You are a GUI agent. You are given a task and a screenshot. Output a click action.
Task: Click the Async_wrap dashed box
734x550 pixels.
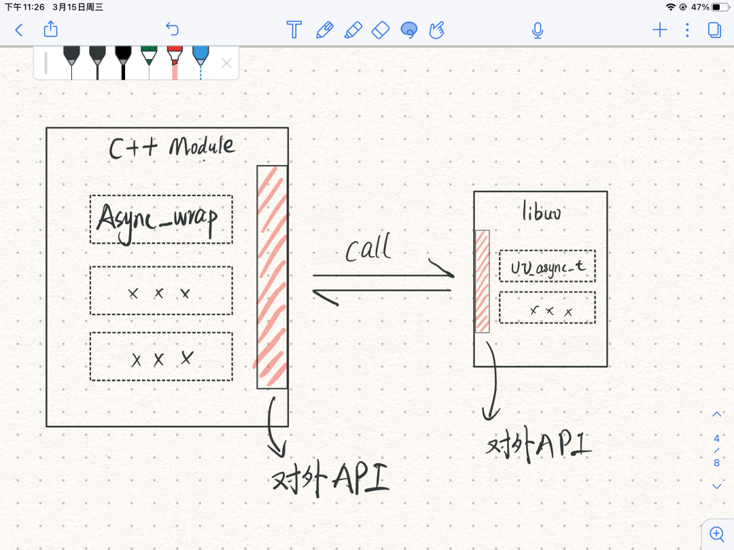[x=161, y=219]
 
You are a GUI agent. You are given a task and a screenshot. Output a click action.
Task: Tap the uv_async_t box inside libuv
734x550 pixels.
[x=547, y=266]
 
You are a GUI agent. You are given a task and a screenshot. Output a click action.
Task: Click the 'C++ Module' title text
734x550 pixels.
[x=173, y=147]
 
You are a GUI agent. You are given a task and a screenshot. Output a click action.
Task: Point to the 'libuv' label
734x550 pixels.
[x=541, y=213]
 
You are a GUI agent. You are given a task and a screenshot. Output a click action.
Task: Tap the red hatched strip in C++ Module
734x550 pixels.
[x=272, y=276]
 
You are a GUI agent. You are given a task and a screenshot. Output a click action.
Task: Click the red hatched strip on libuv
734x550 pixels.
[x=482, y=281]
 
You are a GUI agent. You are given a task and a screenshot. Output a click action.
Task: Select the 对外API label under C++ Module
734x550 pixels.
[x=330, y=480]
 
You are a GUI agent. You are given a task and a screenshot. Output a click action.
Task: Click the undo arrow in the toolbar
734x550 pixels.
[x=172, y=29]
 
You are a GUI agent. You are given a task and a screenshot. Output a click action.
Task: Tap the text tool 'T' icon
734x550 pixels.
[x=294, y=29]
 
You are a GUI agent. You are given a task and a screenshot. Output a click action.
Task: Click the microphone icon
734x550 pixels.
[x=538, y=30]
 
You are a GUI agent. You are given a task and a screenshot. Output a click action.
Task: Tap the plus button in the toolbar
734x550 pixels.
[x=659, y=29]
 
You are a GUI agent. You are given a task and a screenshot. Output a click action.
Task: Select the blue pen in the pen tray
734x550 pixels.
[x=200, y=61]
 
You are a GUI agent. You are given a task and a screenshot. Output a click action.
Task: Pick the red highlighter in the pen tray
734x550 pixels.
[x=175, y=61]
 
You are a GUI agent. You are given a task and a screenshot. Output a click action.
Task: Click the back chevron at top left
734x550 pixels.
[x=19, y=30]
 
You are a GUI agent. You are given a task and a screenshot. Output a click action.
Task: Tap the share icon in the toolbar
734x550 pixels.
[x=51, y=29]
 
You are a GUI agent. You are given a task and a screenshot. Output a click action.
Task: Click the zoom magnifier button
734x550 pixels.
[x=716, y=533]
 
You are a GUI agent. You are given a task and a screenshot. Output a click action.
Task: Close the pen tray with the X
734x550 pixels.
[x=226, y=63]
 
